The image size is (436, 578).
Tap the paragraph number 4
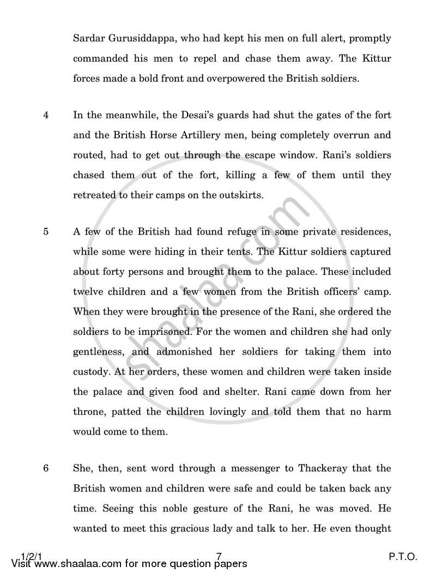click(x=46, y=116)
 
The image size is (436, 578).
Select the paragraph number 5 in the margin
click(x=46, y=232)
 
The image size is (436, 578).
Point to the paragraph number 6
click(x=46, y=468)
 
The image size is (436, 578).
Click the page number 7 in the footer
click(x=219, y=556)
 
